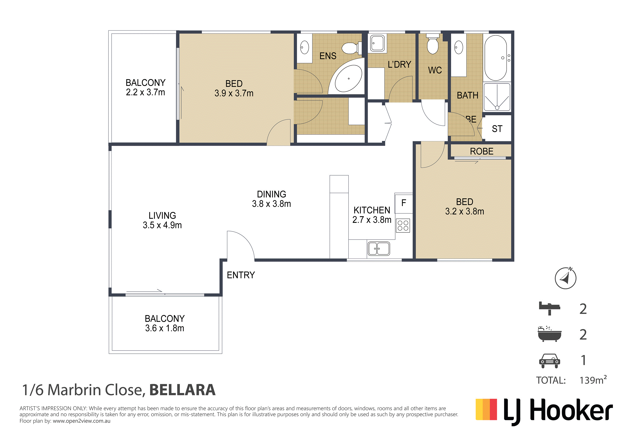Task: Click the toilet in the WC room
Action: tap(433, 44)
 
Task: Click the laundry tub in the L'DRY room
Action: tap(377, 43)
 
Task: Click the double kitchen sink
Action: tap(379, 249)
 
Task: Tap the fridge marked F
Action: tap(404, 203)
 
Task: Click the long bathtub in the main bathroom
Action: tap(495, 58)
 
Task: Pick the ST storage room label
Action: tap(497, 129)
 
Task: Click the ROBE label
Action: tap(482, 151)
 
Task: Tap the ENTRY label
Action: tap(241, 275)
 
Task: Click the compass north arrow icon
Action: tap(566, 278)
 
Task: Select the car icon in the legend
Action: tap(549, 361)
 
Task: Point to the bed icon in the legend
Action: tap(549, 308)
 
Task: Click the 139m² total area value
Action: tap(593, 380)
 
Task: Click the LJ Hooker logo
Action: tap(544, 411)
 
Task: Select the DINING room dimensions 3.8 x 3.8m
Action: tap(272, 204)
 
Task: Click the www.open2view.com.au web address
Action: tap(82, 421)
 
